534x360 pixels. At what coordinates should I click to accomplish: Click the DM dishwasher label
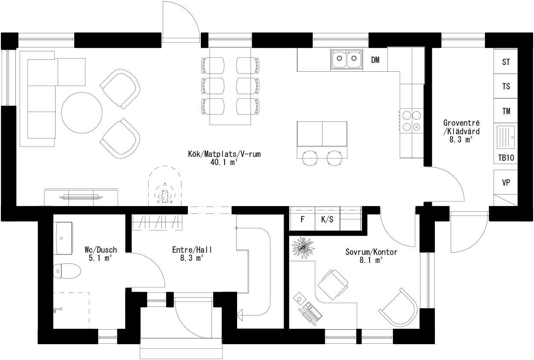[375, 60]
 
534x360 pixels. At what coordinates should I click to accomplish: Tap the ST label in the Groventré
[506, 62]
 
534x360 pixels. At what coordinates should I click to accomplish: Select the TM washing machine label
[506, 112]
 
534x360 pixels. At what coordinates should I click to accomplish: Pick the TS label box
[506, 87]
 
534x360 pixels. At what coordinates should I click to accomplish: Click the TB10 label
[506, 158]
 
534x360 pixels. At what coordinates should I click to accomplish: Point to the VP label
[506, 183]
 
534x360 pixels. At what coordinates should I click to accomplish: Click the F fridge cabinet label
[302, 220]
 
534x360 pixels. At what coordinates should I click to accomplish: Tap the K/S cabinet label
[327, 220]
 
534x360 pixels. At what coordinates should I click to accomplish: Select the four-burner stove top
[411, 121]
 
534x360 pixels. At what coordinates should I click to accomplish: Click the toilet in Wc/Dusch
[67, 271]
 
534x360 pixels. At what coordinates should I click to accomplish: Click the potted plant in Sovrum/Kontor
[303, 247]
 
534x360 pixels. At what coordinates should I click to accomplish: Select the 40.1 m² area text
[224, 162]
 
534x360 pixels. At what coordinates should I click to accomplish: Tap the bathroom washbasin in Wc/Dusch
[62, 238]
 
